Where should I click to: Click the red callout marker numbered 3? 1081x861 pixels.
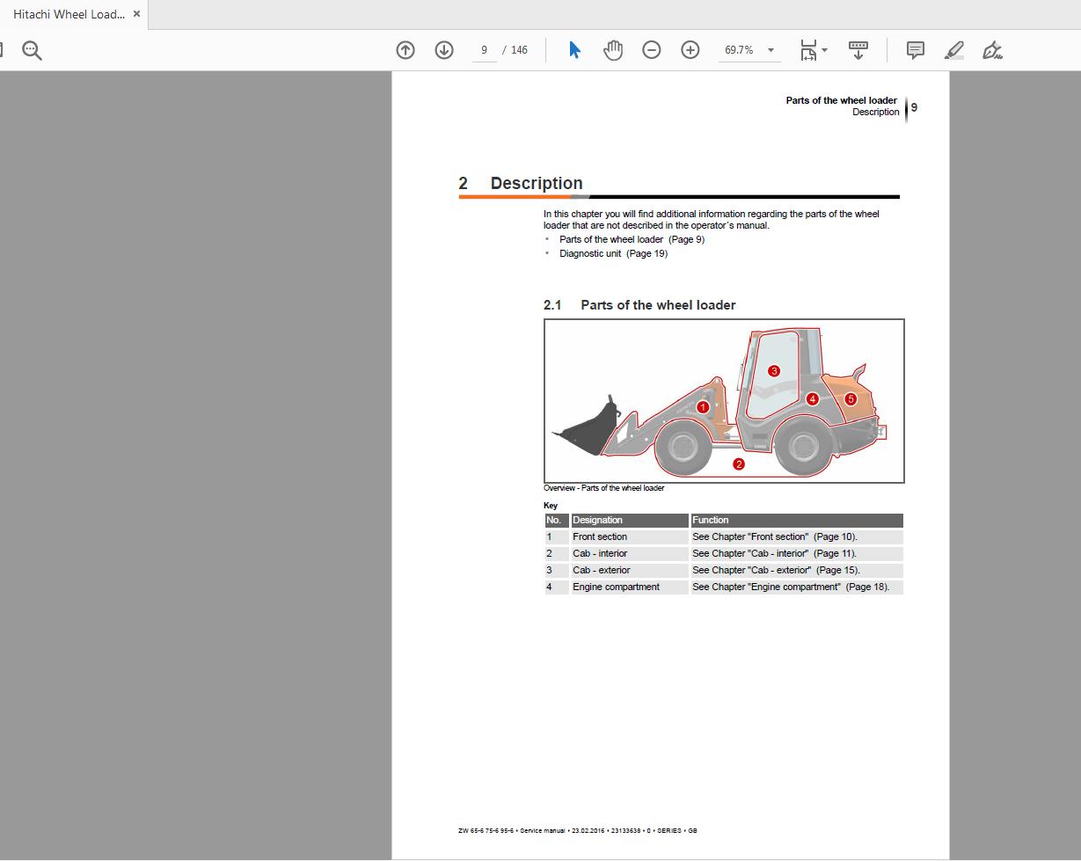click(774, 371)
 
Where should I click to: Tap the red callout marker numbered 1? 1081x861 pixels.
click(703, 407)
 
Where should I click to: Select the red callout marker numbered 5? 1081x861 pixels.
click(851, 399)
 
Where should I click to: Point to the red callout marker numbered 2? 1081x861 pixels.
click(739, 464)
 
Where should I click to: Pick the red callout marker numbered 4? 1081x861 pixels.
click(813, 399)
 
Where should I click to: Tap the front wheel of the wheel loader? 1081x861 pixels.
click(683, 447)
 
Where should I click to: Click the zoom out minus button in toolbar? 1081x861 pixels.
click(652, 50)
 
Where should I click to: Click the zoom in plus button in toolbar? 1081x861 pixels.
click(690, 50)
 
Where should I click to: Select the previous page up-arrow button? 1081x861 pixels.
click(405, 50)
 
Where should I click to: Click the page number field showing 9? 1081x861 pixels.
click(484, 50)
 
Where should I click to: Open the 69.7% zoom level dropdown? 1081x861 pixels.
click(771, 50)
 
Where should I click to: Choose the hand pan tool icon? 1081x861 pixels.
click(613, 50)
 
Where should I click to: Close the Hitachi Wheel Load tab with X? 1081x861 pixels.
click(136, 14)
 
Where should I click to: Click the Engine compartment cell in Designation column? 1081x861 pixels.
click(616, 587)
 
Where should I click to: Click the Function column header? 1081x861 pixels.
click(796, 520)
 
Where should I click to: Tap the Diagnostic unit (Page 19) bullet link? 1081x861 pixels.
click(613, 253)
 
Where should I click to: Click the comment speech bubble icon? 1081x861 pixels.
click(916, 50)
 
